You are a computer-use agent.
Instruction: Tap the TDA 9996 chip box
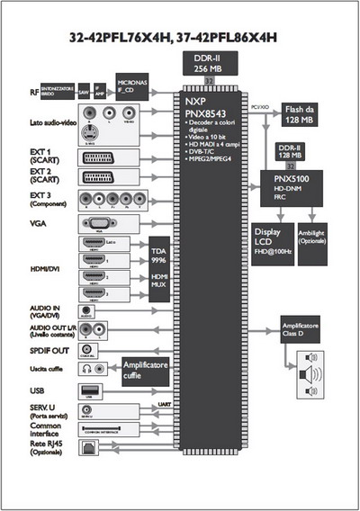point(159,252)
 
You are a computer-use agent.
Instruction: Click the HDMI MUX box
point(159,281)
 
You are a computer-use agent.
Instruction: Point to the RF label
point(34,91)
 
